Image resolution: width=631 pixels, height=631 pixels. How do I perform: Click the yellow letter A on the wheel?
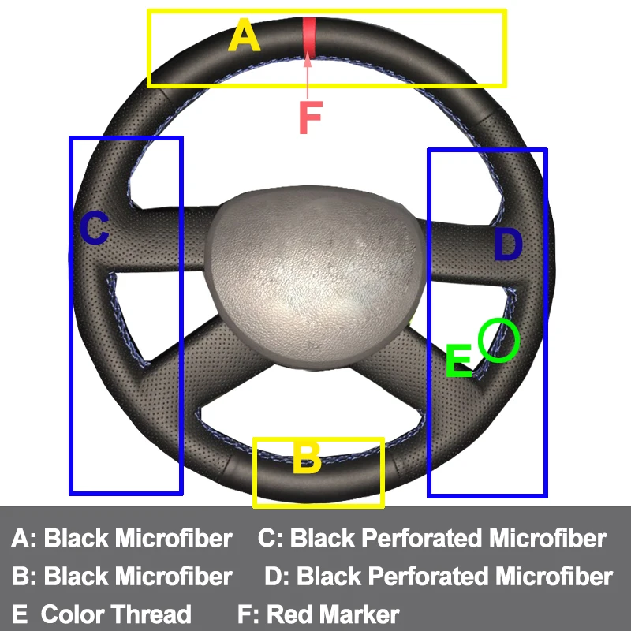pyautogui.click(x=245, y=36)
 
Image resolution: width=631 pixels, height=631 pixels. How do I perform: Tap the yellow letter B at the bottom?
pyautogui.click(x=307, y=458)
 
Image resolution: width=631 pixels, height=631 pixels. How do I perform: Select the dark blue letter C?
pyautogui.click(x=94, y=229)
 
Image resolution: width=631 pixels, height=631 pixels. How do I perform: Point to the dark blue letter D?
pyautogui.click(x=508, y=245)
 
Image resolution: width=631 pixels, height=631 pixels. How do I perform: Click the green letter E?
pyautogui.click(x=458, y=361)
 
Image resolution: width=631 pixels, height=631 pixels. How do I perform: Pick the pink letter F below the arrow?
pyautogui.click(x=310, y=118)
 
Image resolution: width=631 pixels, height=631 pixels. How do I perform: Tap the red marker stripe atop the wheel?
pyautogui.click(x=309, y=36)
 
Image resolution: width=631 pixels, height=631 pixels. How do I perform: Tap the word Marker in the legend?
pyautogui.click(x=360, y=614)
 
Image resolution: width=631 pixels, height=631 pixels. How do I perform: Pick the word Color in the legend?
pyautogui.click(x=73, y=614)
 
